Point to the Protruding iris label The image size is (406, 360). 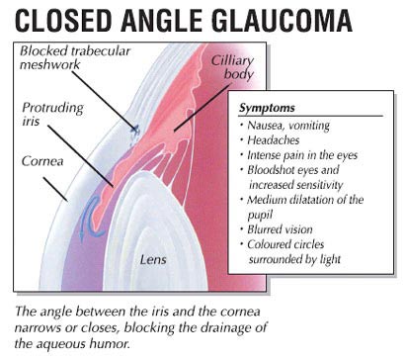pyautogui.click(x=48, y=114)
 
